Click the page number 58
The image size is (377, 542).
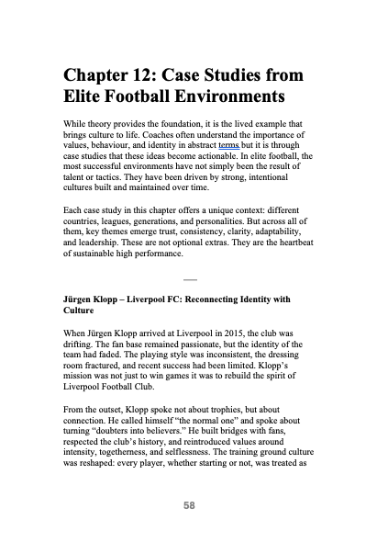click(x=188, y=504)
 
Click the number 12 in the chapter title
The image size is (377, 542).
click(x=163, y=74)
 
